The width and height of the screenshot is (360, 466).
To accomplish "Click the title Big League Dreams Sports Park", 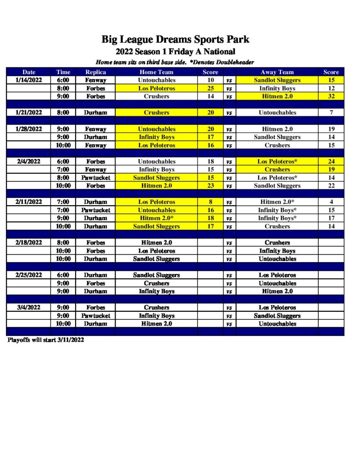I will click(175, 40).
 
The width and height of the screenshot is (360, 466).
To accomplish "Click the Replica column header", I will click(96, 72).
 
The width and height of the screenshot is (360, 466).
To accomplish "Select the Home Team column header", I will click(156, 72).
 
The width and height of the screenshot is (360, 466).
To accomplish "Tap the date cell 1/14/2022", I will click(29, 80).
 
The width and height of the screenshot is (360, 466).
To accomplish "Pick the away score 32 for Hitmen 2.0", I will click(331, 96).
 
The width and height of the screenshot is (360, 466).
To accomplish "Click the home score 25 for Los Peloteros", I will click(210, 88).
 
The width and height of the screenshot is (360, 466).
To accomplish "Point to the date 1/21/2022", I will click(29, 112).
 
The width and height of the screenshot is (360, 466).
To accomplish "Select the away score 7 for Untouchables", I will click(331, 112).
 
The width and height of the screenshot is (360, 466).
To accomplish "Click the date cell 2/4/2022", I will click(29, 162).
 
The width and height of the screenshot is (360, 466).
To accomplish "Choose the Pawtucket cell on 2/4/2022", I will click(96, 177).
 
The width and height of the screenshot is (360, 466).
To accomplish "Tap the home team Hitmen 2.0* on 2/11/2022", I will click(156, 218).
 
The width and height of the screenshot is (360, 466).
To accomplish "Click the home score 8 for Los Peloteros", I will click(210, 202).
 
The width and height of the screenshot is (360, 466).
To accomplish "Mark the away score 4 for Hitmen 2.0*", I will click(331, 202).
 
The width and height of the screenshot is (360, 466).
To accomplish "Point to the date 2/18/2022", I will click(29, 243).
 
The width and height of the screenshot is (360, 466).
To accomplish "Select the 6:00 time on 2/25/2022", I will click(63, 275).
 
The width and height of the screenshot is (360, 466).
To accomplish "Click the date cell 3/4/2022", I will click(29, 307).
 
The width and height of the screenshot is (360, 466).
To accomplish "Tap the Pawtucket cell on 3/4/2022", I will click(96, 315).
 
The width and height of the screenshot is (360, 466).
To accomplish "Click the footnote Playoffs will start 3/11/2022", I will click(46, 340).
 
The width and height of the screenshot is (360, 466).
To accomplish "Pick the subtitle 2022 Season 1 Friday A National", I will click(175, 52).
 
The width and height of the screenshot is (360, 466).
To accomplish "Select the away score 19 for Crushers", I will click(331, 169).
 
